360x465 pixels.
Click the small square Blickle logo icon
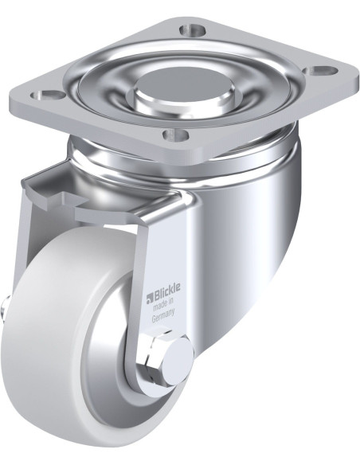148,299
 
